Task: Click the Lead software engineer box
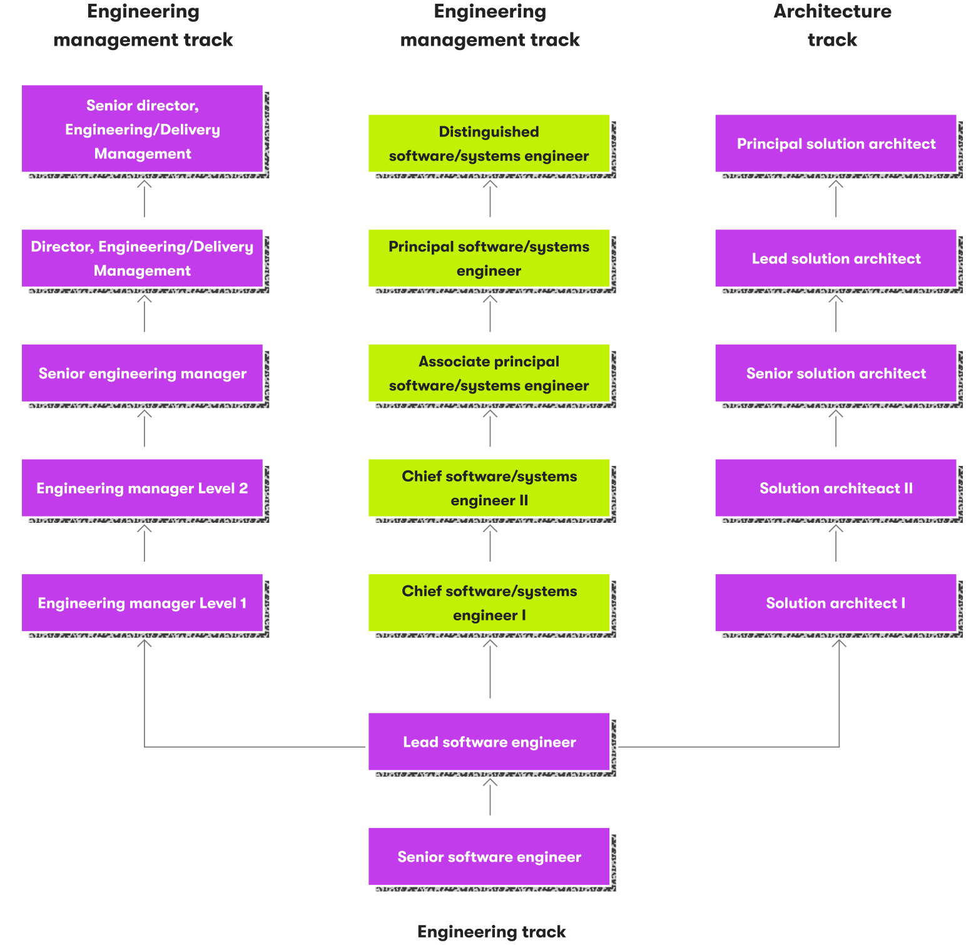(x=489, y=742)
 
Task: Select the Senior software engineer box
(x=489, y=856)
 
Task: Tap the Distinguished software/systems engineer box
(x=489, y=143)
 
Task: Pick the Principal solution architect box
(x=835, y=143)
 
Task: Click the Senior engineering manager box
(x=142, y=373)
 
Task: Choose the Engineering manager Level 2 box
(x=142, y=488)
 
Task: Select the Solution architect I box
(x=835, y=603)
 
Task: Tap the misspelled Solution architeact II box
(x=835, y=488)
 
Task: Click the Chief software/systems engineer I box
(x=489, y=603)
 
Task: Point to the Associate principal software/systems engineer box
(x=489, y=373)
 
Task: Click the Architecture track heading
(x=832, y=25)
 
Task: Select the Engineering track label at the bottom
(x=491, y=931)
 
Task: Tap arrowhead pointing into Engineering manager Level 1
(x=145, y=643)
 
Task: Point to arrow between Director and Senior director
(x=145, y=199)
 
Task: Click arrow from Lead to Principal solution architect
(x=836, y=199)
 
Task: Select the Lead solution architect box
(x=835, y=258)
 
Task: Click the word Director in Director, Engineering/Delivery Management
(x=61, y=246)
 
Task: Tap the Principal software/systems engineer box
(x=489, y=258)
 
